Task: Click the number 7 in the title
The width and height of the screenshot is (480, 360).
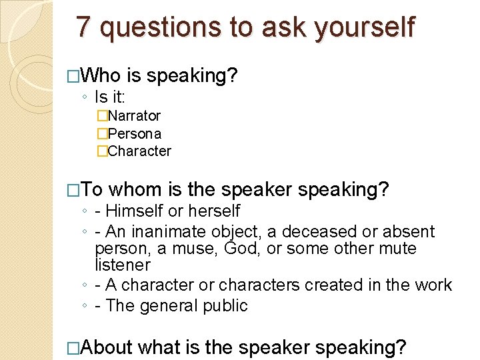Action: pos(83,27)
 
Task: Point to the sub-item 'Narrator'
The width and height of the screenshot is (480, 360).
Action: pos(133,116)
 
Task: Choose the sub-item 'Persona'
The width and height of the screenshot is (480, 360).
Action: pos(134,133)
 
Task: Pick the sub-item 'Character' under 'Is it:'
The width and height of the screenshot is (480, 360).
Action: pos(139,151)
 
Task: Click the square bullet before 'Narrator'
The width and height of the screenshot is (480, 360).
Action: pos(101,116)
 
